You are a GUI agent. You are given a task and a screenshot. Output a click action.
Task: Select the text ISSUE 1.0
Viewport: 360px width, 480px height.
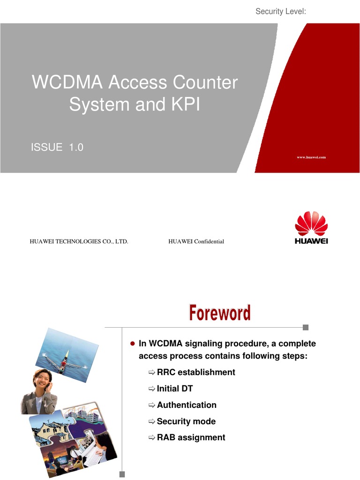tap(57, 147)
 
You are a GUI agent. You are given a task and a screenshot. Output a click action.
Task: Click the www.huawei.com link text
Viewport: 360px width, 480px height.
tap(311, 157)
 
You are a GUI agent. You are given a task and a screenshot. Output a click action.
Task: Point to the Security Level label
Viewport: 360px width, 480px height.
tap(280, 11)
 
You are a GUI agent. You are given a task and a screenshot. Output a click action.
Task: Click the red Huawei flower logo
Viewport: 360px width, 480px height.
tap(311, 224)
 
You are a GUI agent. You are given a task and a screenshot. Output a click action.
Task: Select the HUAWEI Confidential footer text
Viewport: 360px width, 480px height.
tap(196, 241)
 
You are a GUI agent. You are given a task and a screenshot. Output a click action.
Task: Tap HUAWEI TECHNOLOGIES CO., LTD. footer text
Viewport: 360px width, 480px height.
tap(79, 241)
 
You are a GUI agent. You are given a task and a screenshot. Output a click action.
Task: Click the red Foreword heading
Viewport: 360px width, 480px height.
tap(219, 313)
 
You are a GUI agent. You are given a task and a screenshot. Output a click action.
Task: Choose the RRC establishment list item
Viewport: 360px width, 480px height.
tap(196, 372)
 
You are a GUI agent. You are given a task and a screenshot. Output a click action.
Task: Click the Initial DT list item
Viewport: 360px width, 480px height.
tap(175, 389)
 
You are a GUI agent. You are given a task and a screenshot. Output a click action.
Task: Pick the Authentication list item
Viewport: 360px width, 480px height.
tap(187, 405)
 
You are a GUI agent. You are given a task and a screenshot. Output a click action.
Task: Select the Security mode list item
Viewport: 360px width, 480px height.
tap(186, 421)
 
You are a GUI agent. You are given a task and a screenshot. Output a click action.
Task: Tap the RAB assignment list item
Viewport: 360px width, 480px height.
tap(191, 438)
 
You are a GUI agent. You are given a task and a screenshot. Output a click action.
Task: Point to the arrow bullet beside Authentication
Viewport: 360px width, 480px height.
tap(151, 405)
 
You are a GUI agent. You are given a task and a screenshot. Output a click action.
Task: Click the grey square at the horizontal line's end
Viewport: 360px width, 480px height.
tap(306, 327)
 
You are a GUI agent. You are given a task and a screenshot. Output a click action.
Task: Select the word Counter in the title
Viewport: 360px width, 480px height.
tap(205, 83)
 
